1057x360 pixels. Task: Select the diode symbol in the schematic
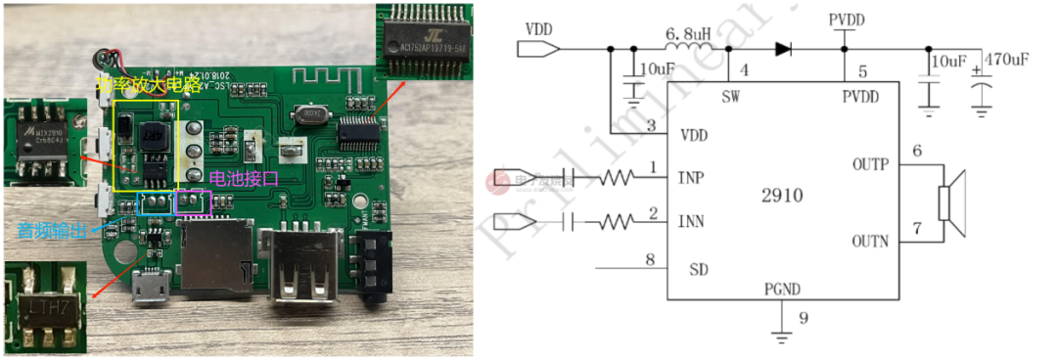[783, 48]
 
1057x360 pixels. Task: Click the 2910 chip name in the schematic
[780, 196]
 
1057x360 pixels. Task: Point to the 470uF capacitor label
[1006, 60]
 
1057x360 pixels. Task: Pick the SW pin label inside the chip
[730, 97]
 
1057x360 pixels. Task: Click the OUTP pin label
[869, 164]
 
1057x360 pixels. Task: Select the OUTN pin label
[869, 241]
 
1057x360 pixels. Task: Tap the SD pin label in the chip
[699, 269]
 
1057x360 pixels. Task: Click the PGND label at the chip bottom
[783, 290]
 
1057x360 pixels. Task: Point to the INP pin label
[692, 178]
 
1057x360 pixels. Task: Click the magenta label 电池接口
[246, 179]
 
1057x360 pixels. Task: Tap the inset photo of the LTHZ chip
[45, 307]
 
